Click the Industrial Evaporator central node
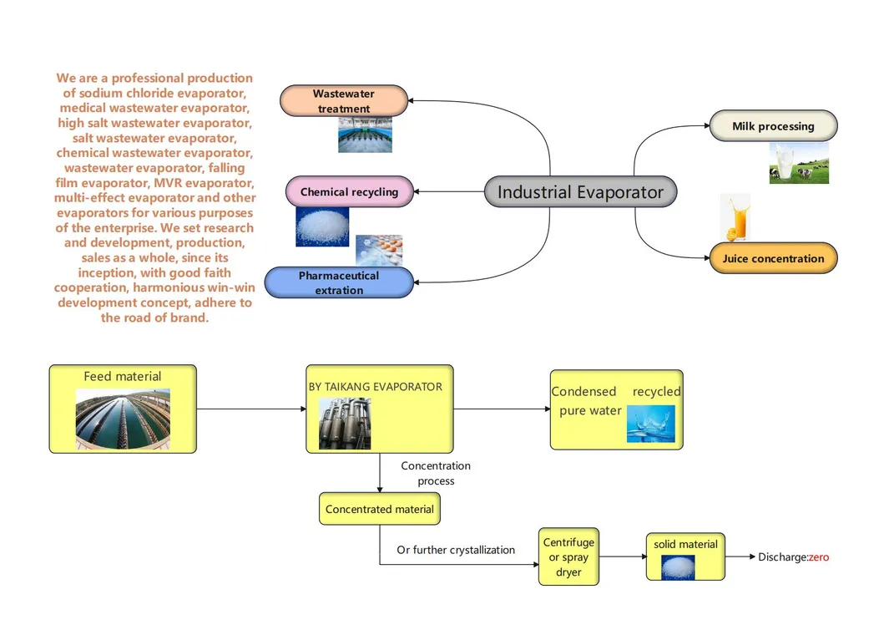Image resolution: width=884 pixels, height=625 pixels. [x=580, y=192]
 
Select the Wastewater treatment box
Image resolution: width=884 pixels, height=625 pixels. [x=344, y=101]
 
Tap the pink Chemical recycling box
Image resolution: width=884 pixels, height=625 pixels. [x=349, y=192]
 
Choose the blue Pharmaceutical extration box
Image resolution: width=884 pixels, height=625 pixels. [x=339, y=283]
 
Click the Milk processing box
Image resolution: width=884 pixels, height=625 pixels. [x=773, y=126]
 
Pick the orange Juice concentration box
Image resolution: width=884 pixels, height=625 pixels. [x=773, y=258]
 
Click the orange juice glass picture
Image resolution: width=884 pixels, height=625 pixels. [x=735, y=217]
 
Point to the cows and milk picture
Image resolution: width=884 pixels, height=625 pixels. [x=799, y=163]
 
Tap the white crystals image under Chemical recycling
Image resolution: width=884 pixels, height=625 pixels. [x=322, y=226]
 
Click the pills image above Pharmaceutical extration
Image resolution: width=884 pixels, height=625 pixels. [x=379, y=250]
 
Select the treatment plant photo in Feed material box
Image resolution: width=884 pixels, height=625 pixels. [x=123, y=419]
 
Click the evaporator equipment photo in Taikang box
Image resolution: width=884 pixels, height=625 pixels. [x=345, y=424]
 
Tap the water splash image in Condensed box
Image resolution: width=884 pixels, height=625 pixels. [x=650, y=424]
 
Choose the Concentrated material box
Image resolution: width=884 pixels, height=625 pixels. [x=380, y=509]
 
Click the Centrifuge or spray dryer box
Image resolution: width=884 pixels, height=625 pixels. [x=568, y=557]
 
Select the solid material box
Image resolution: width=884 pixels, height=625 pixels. [x=685, y=556]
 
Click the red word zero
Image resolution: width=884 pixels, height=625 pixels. [x=819, y=557]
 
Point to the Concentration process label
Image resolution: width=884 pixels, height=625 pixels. [x=436, y=473]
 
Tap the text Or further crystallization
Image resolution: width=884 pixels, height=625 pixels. [x=456, y=550]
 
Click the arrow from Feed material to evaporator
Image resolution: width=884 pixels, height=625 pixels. [x=250, y=409]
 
